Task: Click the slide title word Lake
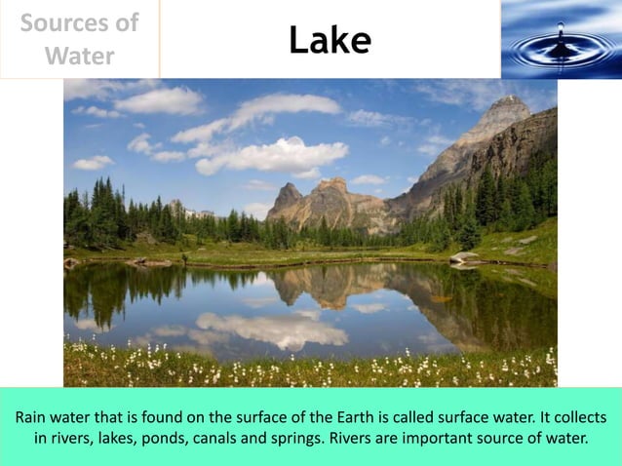click(330, 40)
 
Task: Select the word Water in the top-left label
click(80, 56)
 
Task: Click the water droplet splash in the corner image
click(561, 41)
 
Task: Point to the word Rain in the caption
click(34, 416)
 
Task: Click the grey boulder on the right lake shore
click(465, 257)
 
